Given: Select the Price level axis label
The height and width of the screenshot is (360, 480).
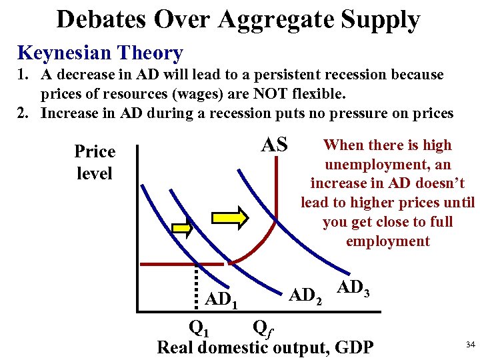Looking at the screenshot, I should point(94,162).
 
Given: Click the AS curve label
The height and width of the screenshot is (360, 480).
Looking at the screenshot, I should point(274,144).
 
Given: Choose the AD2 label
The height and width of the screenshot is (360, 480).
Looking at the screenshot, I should point(305,294).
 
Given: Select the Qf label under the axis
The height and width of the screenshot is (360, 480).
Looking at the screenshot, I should point(263,329).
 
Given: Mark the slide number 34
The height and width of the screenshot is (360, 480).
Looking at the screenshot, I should point(469,344).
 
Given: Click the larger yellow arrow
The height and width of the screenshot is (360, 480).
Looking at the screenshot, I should point(230,217).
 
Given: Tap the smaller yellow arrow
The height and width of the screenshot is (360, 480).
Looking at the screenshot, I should point(182,228).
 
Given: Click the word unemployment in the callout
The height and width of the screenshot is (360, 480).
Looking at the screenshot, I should point(387,164).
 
